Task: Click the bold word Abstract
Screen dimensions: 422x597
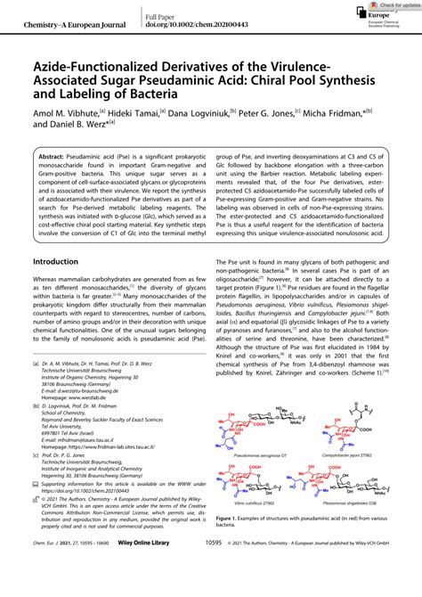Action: pyautogui.click(x=56, y=155)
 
